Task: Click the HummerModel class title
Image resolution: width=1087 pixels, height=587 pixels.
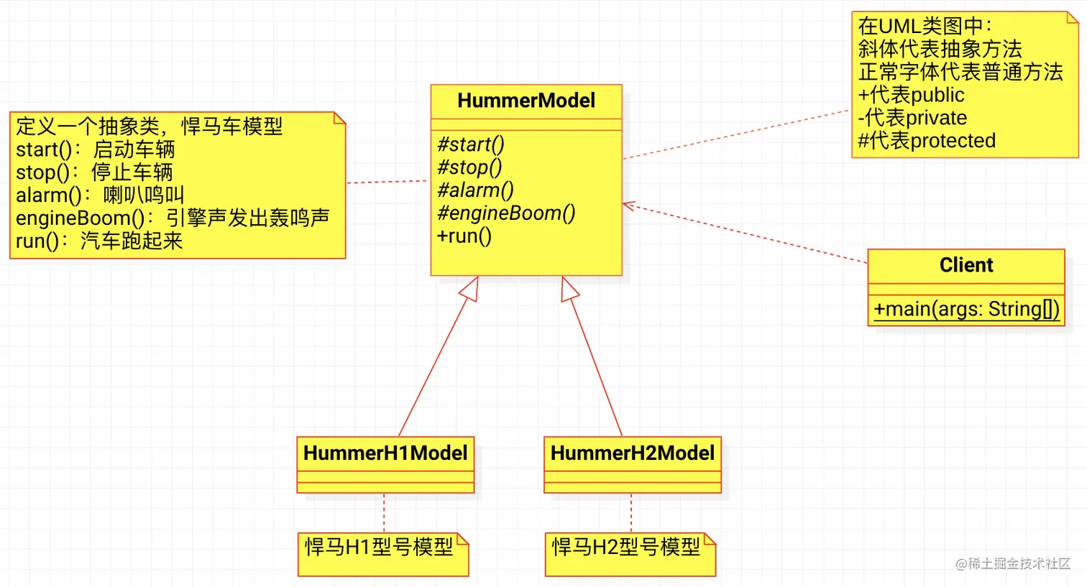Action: (526, 101)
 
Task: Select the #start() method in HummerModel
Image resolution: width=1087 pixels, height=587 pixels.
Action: (471, 144)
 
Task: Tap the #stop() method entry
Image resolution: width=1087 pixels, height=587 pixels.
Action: (469, 167)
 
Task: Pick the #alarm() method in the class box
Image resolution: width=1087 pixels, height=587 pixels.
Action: (475, 190)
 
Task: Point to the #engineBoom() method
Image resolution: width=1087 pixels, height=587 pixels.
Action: (506, 213)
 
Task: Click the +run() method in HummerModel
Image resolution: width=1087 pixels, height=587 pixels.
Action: (464, 236)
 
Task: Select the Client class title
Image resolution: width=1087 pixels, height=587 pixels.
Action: (966, 265)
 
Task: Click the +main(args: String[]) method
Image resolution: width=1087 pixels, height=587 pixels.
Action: (966, 309)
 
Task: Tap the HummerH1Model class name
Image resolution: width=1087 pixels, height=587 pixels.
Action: (385, 453)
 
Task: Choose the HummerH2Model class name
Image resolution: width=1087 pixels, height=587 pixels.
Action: (633, 453)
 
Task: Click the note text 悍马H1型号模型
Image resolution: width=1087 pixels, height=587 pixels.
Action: (379, 547)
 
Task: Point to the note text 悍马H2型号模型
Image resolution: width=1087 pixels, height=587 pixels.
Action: (626, 547)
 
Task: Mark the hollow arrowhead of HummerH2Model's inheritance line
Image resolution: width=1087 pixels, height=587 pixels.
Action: (569, 288)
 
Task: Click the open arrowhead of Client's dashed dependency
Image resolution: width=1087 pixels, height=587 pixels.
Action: (628, 206)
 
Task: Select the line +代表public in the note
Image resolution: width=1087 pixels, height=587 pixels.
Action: (911, 95)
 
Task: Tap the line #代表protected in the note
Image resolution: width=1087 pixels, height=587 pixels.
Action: (927, 141)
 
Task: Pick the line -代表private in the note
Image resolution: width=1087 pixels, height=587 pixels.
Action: (912, 118)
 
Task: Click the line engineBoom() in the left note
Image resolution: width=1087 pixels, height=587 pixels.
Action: (173, 218)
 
